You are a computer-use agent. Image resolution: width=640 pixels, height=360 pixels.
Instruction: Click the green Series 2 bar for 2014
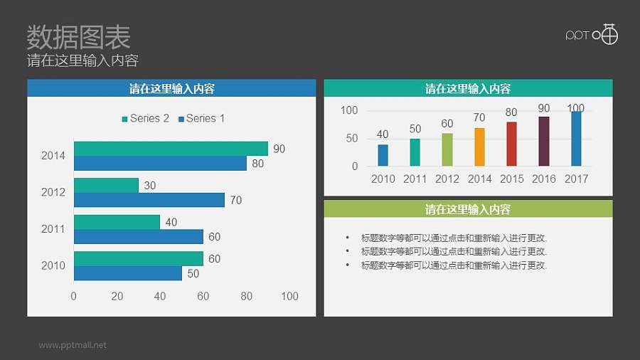pos(171,149)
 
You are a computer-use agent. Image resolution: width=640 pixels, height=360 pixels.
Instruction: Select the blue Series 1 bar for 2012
pos(149,200)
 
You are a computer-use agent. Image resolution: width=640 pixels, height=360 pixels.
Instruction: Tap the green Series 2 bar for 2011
pos(117,222)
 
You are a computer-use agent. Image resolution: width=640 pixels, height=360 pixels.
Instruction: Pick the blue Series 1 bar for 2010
pos(127,273)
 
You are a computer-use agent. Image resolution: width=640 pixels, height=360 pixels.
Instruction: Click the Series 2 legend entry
pos(146,119)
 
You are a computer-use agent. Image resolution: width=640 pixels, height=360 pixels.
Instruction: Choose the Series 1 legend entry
pos(202,119)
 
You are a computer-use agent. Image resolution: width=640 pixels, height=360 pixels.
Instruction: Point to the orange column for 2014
pos(479,147)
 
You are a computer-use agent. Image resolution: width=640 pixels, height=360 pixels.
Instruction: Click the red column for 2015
pos(511,144)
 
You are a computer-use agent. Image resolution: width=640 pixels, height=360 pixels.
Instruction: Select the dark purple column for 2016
pos(544,141)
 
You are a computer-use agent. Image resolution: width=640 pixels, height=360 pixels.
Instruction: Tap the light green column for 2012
pos(447,149)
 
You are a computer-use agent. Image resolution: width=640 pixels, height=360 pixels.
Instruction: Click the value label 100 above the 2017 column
pos(575,108)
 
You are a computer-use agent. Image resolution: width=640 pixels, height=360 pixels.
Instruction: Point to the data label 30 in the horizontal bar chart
pos(150,186)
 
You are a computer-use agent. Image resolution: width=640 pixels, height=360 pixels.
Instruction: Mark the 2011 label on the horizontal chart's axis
pos(53,229)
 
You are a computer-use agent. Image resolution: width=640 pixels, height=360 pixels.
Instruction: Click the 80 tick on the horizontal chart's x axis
pos(246,296)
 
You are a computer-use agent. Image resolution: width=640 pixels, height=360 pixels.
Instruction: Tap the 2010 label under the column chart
pos(383,179)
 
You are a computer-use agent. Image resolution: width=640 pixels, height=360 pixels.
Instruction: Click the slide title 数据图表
pos(78,36)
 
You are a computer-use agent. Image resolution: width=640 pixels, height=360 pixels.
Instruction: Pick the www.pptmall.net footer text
pos(73,345)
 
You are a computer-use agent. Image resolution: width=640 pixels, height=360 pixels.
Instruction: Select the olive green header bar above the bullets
pos(468,209)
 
